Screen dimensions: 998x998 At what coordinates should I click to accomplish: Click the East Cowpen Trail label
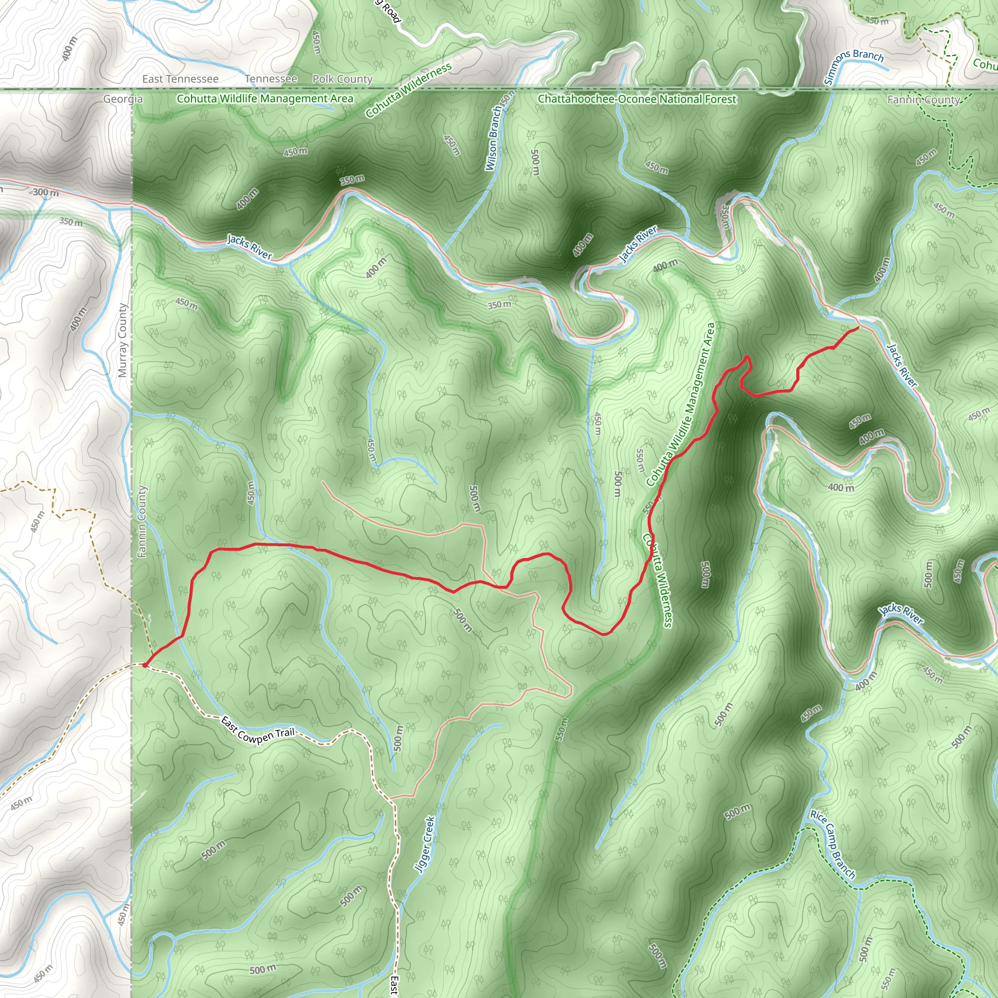coord(257,729)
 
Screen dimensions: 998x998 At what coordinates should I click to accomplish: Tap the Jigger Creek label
coord(425,844)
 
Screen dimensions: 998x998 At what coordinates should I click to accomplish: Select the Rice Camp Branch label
coord(832,844)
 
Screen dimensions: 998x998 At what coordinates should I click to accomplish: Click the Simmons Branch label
coord(853,66)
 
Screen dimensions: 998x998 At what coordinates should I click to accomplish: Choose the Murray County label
coord(122,341)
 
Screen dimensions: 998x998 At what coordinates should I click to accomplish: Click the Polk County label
coord(342,79)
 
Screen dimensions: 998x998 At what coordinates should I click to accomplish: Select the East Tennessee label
coord(180,79)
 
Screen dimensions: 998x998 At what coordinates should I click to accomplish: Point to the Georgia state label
coord(123,98)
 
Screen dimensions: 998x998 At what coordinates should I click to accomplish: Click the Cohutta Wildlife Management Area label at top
coord(265,98)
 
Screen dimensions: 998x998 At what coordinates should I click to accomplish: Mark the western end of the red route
coord(145,666)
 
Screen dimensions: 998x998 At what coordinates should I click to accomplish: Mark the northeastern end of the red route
coord(858,327)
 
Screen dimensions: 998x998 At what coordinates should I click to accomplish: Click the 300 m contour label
coord(45,192)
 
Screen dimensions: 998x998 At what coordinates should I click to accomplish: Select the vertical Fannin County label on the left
coord(142,522)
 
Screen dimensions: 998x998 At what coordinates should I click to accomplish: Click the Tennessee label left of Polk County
coord(270,79)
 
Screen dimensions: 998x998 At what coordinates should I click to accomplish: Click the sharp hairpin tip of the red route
coord(747,356)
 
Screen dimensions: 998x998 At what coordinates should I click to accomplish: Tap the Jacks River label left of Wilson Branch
coord(249,247)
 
